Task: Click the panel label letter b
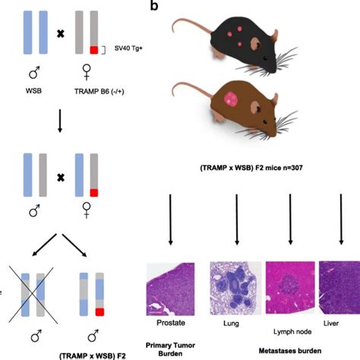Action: coord(154,7)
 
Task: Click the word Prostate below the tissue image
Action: coord(174,323)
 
